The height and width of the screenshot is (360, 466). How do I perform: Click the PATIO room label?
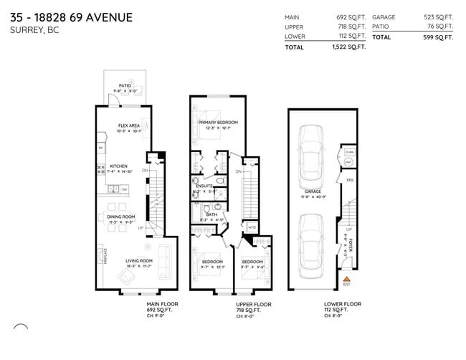pyautogui.click(x=125, y=85)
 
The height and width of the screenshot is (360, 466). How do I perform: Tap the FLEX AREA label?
pyautogui.click(x=129, y=125)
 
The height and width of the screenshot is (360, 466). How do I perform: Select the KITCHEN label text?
pyautogui.click(x=118, y=166)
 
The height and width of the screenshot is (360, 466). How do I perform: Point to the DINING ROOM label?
pyautogui.click(x=121, y=216)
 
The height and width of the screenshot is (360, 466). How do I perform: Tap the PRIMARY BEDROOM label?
pyautogui.click(x=218, y=123)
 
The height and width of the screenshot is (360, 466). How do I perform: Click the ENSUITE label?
pyautogui.click(x=204, y=186)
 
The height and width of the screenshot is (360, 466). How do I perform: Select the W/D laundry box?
pyautogui.click(x=251, y=228)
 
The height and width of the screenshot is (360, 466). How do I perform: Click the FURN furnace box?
pyautogui.click(x=349, y=153)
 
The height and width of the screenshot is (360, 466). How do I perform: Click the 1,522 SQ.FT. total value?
pyautogui.click(x=351, y=47)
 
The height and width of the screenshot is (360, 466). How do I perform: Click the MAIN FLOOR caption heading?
pyautogui.click(x=162, y=304)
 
